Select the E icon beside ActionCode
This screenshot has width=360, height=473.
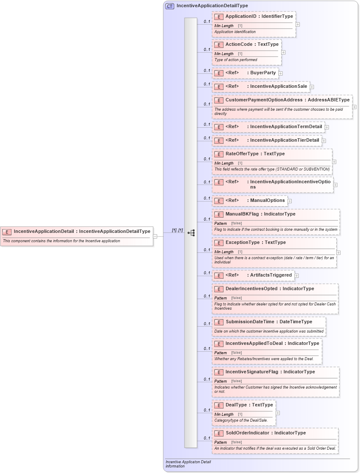219,45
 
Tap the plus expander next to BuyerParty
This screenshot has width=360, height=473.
281,73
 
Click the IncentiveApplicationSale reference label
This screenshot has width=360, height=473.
278,87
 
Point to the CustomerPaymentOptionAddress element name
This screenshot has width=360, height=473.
264,100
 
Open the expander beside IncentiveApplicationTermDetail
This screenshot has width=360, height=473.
327,127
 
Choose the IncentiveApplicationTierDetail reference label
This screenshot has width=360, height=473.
284,140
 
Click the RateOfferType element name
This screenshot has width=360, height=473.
243,154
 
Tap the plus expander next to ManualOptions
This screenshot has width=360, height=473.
290,201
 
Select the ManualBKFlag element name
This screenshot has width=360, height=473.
242,214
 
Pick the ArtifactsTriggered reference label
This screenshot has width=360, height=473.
271,275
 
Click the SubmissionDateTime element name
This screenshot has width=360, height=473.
250,322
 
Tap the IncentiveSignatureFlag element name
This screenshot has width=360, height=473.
251,372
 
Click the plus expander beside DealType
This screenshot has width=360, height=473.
278,413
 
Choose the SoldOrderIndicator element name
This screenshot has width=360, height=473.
247,433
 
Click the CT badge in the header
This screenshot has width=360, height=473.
170,6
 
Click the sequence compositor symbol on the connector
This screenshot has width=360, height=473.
191,233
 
